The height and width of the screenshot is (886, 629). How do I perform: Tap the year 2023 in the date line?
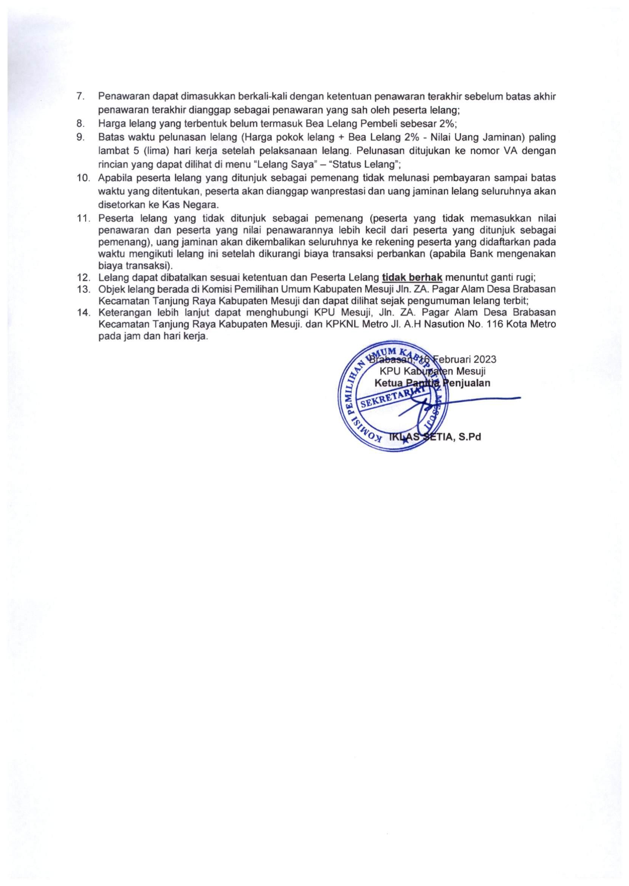(x=483, y=359)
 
